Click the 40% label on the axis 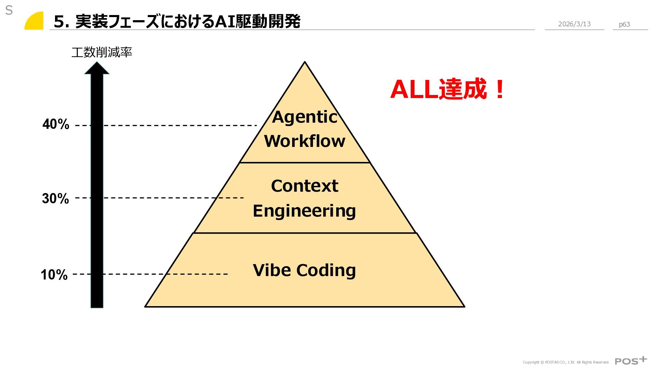56,124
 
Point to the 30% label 55,199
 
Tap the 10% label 54,275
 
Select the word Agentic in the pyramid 304,117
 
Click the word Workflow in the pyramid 304,141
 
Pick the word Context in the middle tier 304,186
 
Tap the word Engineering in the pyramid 304,211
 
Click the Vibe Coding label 304,270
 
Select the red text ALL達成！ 448,89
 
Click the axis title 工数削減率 102,52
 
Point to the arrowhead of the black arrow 97,68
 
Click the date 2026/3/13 574,24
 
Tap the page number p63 624,24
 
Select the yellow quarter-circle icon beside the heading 35,21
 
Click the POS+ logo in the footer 631,361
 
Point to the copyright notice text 566,362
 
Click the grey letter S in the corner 9,11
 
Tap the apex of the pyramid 304,63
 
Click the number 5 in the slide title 59,22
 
